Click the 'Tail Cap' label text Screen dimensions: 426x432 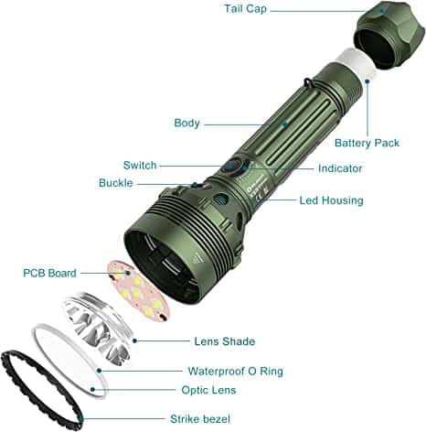click(245, 9)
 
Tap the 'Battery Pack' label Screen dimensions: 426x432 click(367, 143)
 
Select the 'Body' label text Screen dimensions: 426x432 click(186, 124)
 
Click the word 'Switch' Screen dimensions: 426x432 click(140, 166)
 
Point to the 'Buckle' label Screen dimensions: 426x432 click(116, 183)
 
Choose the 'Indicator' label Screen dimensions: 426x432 click(340, 168)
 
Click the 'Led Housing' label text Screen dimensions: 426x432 click(332, 200)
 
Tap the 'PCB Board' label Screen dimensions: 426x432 click(49, 273)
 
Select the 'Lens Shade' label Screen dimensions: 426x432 click(225, 341)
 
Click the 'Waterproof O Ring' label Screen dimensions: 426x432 click(235, 371)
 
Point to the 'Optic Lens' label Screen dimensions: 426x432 click(208, 390)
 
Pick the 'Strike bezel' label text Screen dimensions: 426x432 click(200, 419)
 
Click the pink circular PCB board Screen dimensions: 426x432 click(138, 291)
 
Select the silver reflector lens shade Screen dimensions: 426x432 click(98, 328)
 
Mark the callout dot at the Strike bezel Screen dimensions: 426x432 click(80, 418)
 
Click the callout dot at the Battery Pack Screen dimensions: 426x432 click(367, 81)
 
